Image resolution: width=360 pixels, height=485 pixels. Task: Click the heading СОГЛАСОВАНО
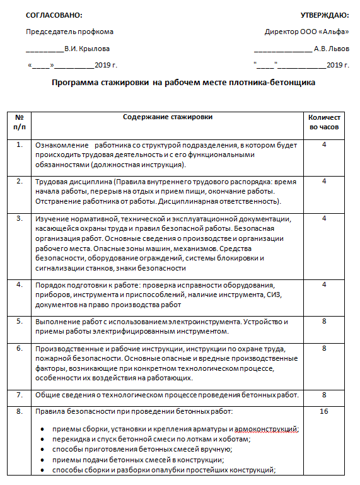coord(54,15)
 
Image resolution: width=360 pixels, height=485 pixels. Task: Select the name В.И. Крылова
coord(87,48)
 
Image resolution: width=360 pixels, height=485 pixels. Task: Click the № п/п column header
coord(20,122)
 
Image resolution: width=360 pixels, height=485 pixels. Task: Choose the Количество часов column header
coord(324,122)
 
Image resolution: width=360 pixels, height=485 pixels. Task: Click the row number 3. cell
coord(20,219)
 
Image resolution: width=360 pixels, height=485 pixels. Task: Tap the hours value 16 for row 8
coord(324,412)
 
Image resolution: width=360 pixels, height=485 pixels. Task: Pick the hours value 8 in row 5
coord(324,321)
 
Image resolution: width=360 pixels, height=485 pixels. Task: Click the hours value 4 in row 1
coord(324,145)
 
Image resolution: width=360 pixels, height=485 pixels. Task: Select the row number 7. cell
coord(20,395)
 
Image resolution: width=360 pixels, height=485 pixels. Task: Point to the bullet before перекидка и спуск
coord(41,440)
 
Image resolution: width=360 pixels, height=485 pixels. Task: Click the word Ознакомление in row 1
coord(61,145)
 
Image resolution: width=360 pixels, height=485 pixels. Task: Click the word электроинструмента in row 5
coord(197,321)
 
